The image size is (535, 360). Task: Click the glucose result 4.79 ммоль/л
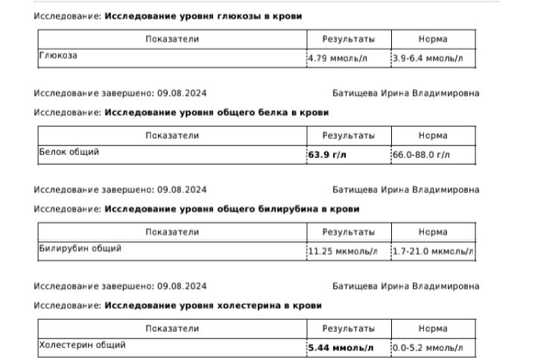coord(338,58)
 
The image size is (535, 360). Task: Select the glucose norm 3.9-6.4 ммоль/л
coord(427,58)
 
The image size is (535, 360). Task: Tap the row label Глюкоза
coord(58,55)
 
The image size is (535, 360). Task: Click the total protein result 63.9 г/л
coord(327,155)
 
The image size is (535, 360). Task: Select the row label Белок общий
coord(69,152)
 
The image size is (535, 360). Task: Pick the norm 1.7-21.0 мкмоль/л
coord(433,251)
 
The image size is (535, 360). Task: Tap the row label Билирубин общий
coord(80,248)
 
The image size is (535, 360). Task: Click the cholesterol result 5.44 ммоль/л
coord(341,347)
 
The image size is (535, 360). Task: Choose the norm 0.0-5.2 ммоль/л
coord(428,347)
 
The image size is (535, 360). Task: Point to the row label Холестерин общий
coord(83,345)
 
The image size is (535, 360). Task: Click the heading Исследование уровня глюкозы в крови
coord(203,16)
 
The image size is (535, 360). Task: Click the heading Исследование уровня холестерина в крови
coord(213,306)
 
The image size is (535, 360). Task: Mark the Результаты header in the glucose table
coord(348,39)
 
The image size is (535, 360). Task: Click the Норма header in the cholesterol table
coord(433,328)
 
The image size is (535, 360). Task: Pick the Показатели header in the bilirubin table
coord(172,232)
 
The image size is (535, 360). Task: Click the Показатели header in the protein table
coord(172,136)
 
